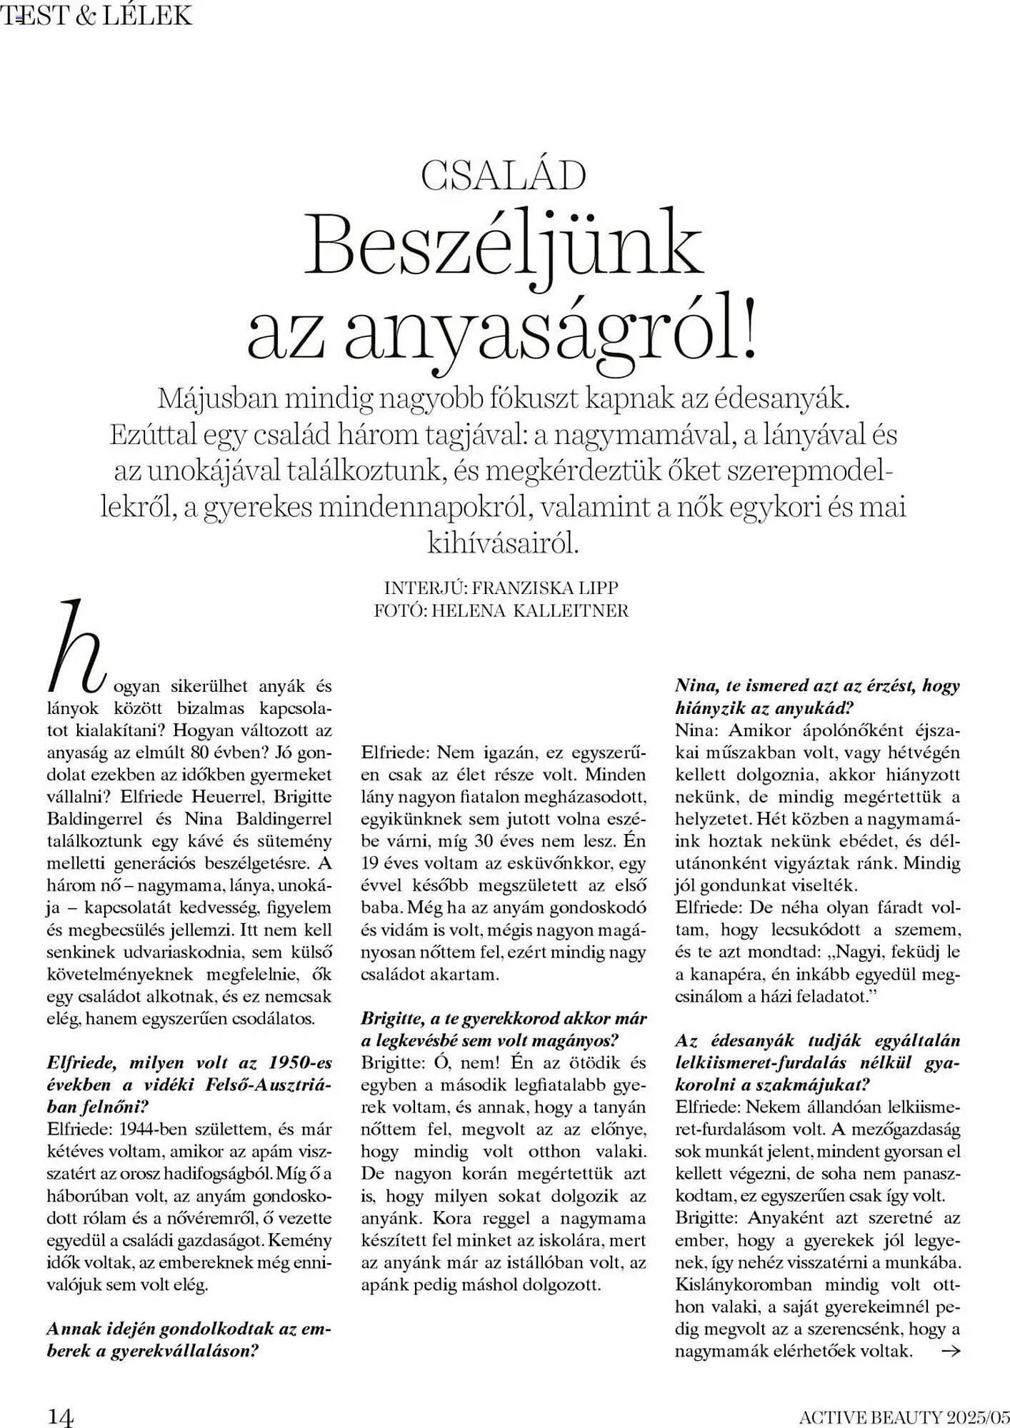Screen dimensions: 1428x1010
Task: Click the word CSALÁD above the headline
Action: click(504, 176)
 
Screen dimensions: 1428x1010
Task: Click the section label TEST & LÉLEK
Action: click(96, 14)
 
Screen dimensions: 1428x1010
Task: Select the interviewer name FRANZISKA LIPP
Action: click(545, 588)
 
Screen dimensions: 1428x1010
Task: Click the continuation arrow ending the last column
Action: click(951, 1350)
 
